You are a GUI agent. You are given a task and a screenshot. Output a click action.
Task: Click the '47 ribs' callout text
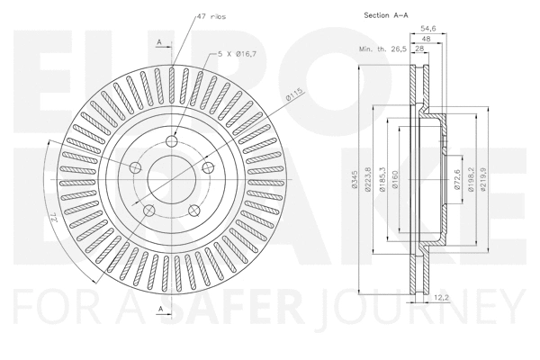211,16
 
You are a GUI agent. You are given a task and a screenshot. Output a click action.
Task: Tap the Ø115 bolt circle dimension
292,96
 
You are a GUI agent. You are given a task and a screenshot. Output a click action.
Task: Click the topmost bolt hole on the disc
173,139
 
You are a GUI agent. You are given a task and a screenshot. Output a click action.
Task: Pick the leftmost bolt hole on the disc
136,167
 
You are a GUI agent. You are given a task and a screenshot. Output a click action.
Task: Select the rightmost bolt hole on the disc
208,167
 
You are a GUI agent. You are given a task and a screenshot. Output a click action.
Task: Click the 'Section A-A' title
386,16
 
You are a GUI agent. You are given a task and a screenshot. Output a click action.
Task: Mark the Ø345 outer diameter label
356,181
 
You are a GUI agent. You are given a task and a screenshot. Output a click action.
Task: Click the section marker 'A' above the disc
159,41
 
